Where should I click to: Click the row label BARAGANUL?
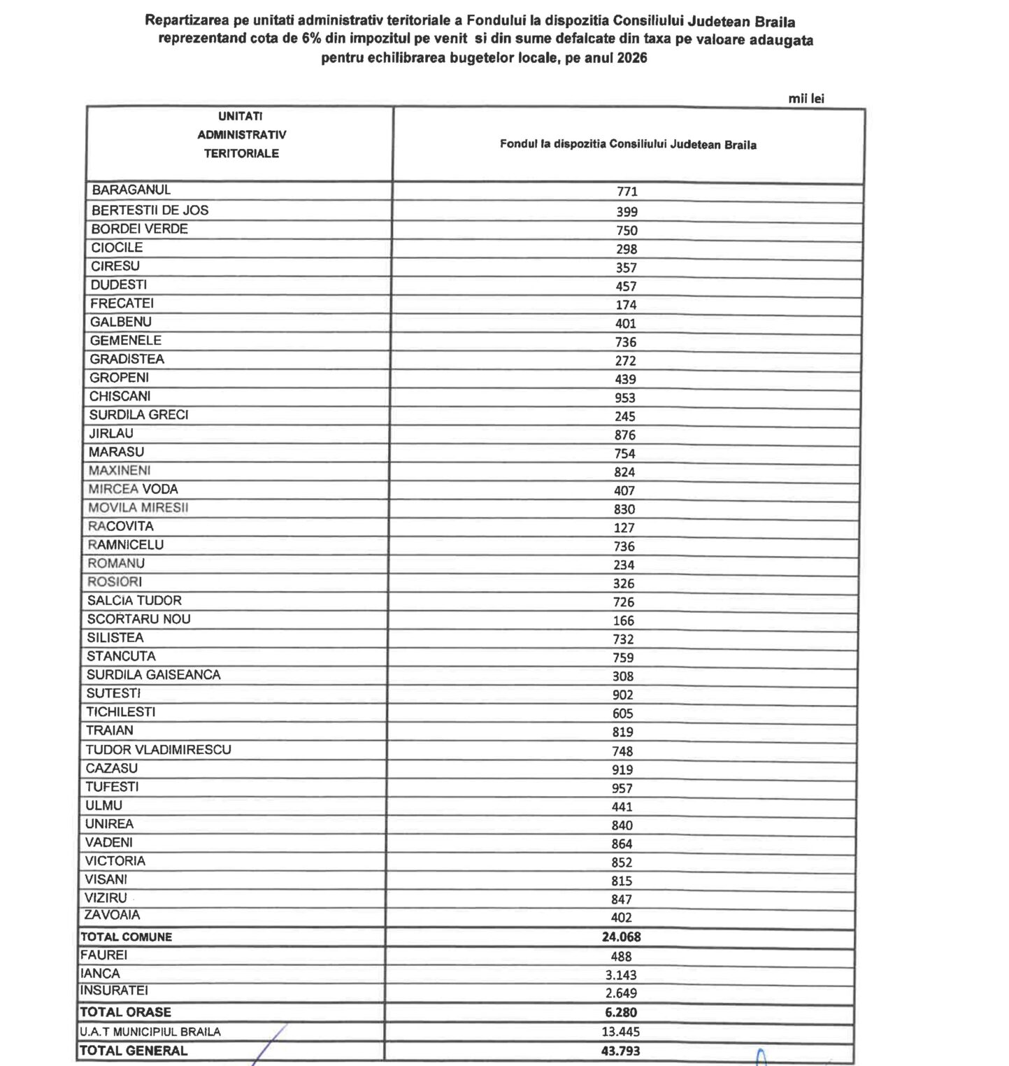[131, 190]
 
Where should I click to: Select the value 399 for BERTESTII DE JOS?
[627, 212]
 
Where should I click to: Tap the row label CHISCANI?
[120, 397]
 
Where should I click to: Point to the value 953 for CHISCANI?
[625, 398]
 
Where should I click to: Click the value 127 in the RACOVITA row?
[624, 528]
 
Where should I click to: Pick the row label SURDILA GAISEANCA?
[153, 675]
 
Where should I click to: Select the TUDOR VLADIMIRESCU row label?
[158, 750]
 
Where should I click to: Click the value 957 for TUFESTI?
[622, 788]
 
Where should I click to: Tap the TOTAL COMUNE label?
[126, 937]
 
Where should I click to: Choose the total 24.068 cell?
[622, 937]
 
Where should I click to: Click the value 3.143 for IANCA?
[621, 975]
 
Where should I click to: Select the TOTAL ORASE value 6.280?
[621, 1013]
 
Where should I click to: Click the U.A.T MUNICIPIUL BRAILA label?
[150, 1032]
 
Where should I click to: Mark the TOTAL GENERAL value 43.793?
[620, 1051]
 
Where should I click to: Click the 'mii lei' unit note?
[806, 99]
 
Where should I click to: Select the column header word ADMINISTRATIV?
[241, 135]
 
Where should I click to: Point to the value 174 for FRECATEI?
[627, 305]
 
